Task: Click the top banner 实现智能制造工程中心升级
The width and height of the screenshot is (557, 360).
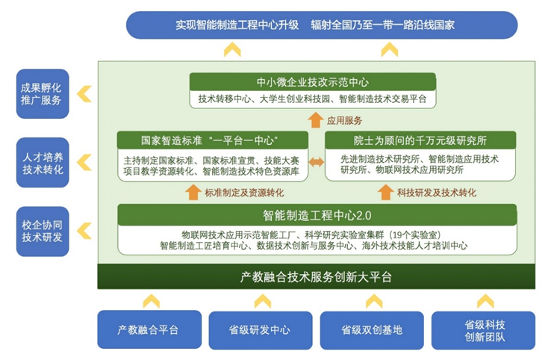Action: click(321, 25)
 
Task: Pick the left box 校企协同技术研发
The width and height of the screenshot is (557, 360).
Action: click(42, 230)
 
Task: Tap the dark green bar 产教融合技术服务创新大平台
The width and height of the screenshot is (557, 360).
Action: click(316, 277)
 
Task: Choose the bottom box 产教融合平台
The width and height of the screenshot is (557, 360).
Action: click(149, 329)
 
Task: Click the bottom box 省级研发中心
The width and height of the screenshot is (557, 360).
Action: click(261, 329)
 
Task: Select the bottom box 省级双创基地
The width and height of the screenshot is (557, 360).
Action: click(372, 329)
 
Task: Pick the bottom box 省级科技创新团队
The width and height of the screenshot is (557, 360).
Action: click(485, 329)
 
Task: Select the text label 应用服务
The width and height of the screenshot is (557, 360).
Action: click(344, 120)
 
